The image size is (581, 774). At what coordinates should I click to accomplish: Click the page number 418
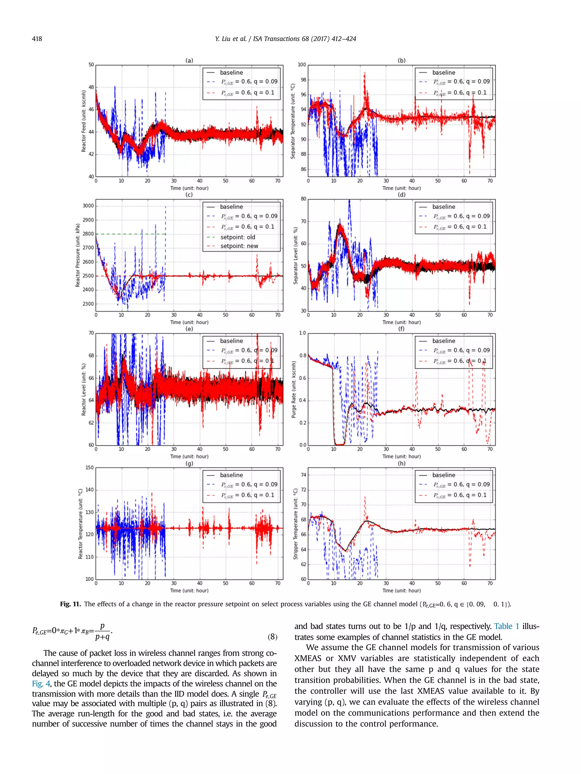37,39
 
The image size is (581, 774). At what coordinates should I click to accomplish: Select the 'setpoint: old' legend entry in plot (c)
237,237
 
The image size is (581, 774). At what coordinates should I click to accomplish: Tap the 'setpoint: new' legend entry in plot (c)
239,246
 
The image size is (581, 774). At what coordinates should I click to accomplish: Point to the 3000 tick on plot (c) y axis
88,206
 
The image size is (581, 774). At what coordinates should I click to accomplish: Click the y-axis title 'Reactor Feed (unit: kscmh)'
84,121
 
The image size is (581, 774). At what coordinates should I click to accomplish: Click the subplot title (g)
189,463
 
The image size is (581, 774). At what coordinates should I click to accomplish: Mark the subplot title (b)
401,61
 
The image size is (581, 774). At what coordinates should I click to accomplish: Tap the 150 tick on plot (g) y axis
90,467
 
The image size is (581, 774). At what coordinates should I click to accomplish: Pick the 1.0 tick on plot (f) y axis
302,333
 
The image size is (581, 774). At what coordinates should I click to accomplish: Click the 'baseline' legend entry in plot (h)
443,475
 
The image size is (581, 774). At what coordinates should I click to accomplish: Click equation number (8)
272,637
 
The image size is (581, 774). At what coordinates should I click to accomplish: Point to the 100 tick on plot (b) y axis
302,65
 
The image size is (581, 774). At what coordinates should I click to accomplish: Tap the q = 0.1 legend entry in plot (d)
460,227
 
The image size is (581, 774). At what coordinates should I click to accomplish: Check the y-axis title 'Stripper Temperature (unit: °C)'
296,523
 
